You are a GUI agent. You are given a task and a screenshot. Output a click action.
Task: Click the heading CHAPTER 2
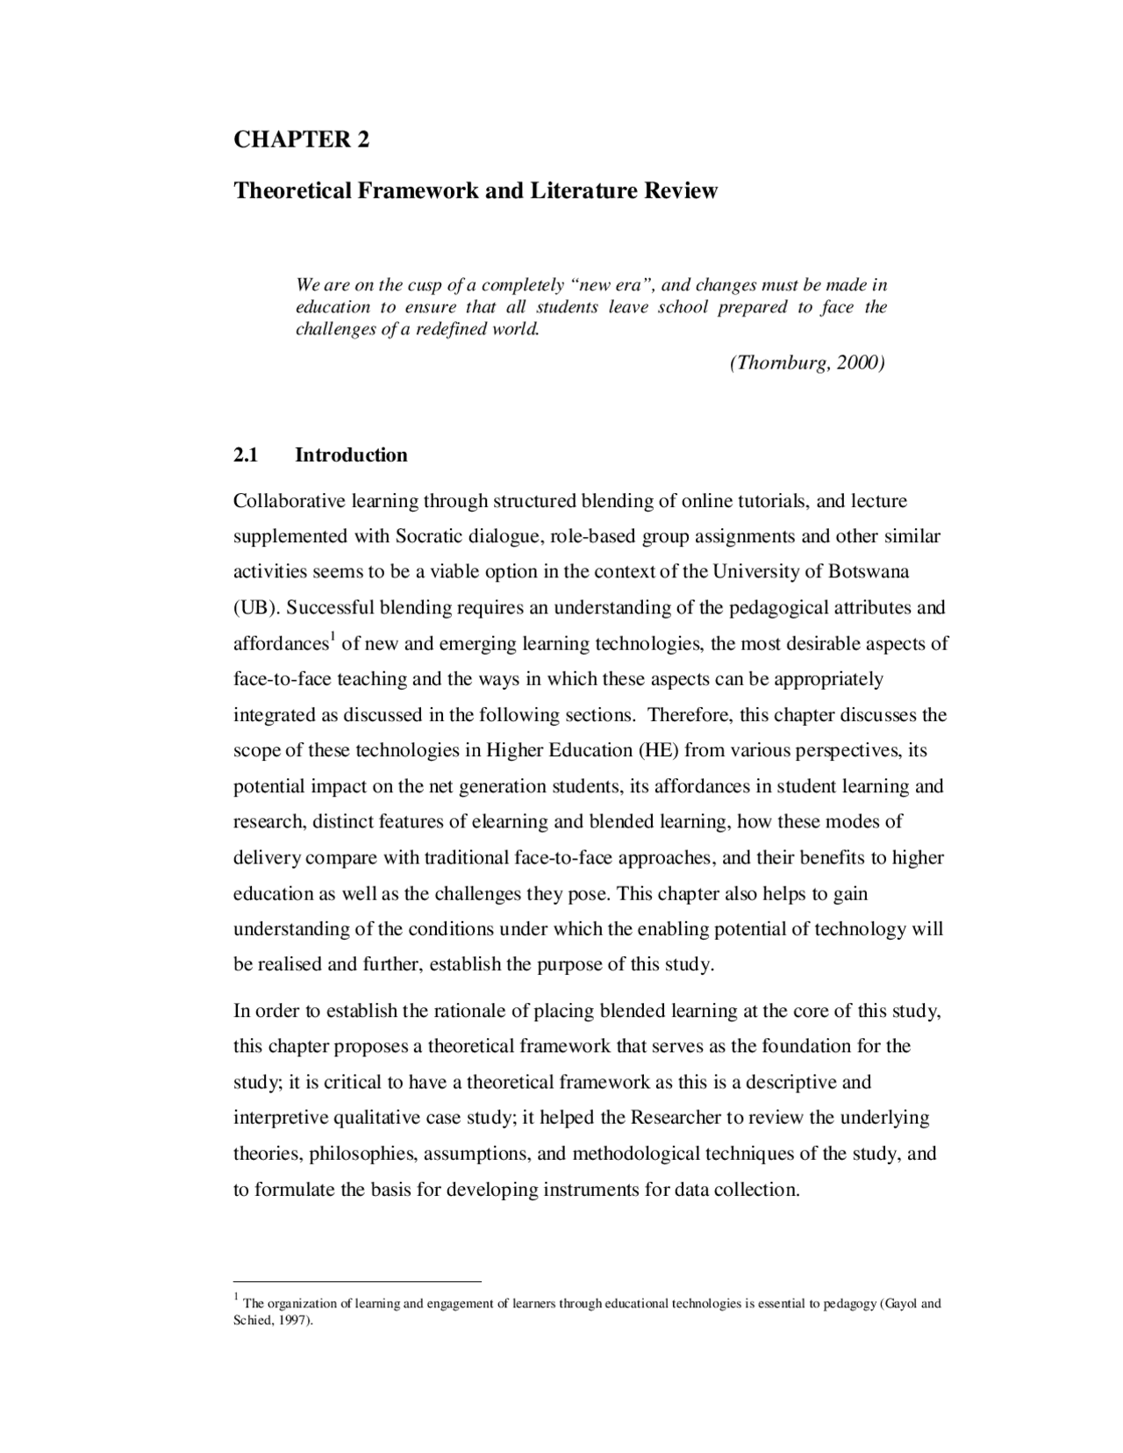pos(301,140)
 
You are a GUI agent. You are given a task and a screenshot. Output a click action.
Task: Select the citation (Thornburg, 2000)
pos(806,362)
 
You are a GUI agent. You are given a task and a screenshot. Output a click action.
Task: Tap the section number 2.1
pos(246,455)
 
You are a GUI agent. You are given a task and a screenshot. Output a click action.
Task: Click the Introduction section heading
pos(351,455)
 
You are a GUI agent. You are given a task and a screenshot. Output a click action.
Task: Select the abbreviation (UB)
pos(254,608)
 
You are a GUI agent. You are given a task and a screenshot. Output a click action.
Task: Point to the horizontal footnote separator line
pos(357,1281)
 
